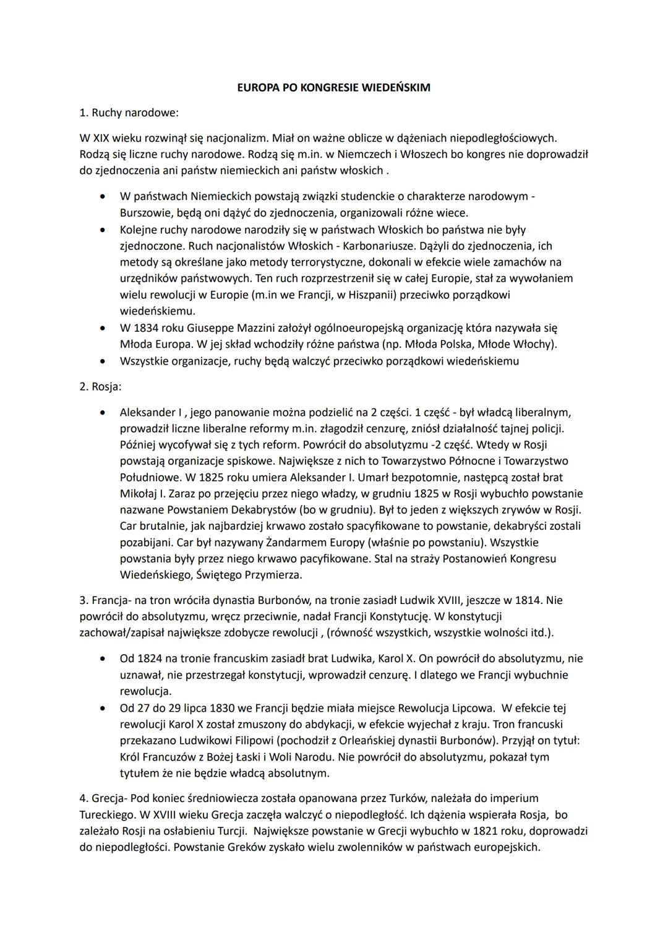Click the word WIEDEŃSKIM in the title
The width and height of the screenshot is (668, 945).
[397, 88]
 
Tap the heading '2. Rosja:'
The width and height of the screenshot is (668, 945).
[100, 387]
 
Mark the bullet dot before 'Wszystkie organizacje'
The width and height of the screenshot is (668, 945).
[101, 361]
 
